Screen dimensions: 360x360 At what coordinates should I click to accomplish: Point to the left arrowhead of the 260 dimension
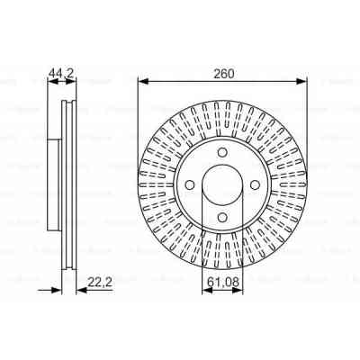click(142, 82)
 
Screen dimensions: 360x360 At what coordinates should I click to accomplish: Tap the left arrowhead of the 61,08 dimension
click(203, 297)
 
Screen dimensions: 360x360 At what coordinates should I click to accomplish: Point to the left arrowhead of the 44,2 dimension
click(49, 82)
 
